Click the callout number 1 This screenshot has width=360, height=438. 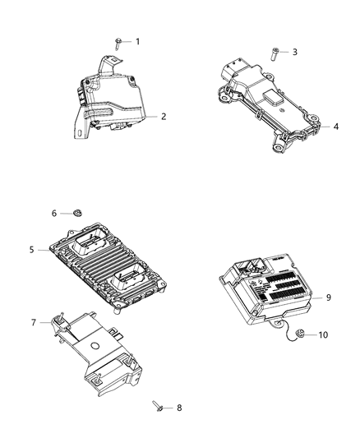[x=137, y=41]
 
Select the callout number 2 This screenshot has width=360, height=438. [x=164, y=117]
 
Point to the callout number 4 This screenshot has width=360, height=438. [x=335, y=127]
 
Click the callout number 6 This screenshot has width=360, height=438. [x=55, y=213]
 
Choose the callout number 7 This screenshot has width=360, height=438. [x=34, y=322]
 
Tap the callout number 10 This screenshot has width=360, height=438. [x=322, y=334]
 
